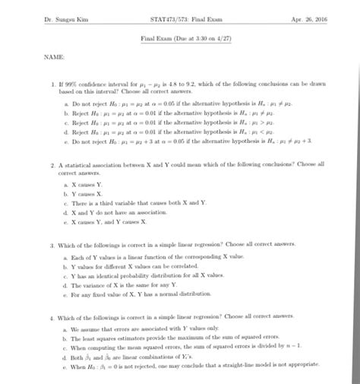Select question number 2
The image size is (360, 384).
[50, 164]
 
